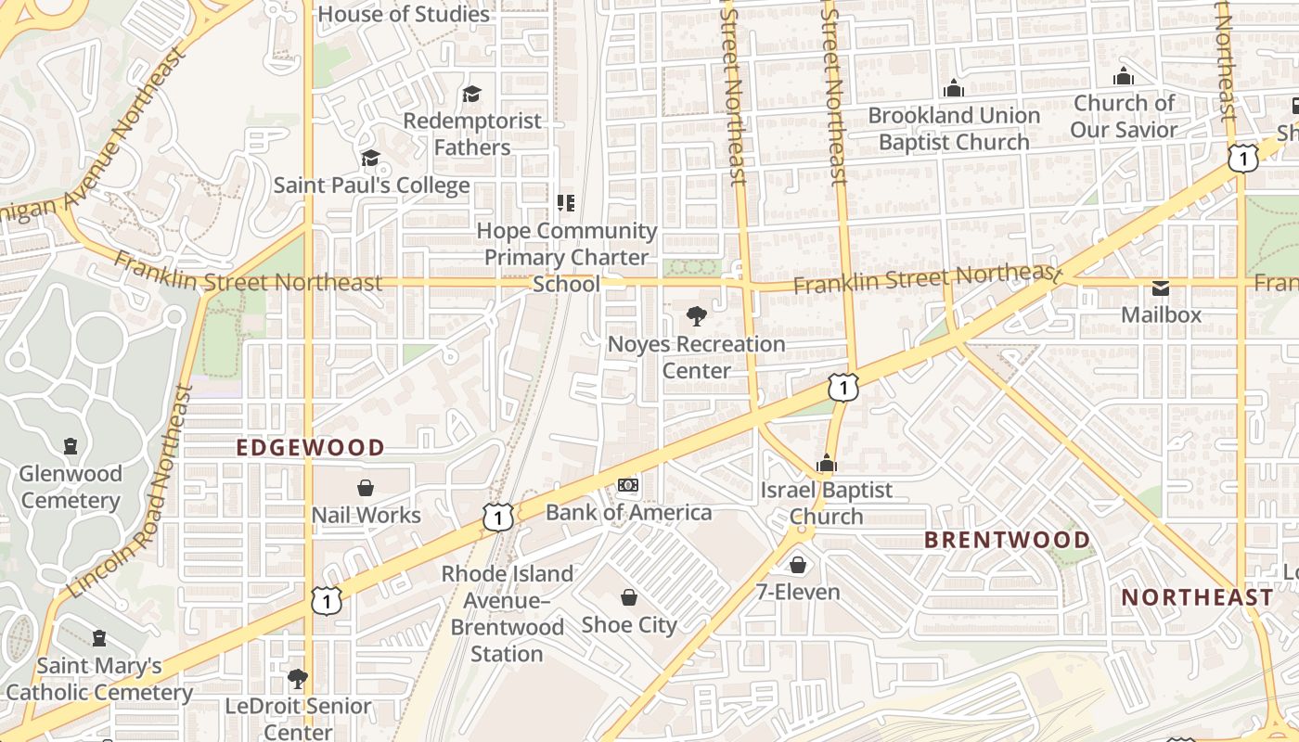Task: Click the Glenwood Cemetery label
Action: click(71, 487)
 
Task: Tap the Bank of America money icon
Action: click(628, 485)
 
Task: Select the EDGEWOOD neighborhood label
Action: click(310, 448)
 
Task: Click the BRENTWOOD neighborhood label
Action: click(1007, 540)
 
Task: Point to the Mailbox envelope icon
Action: click(1161, 288)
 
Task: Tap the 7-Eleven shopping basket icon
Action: click(798, 565)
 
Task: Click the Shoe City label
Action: click(629, 625)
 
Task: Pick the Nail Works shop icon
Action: click(366, 488)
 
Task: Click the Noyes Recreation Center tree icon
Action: click(696, 316)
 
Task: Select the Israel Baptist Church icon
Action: click(826, 463)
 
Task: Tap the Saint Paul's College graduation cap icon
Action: click(370, 159)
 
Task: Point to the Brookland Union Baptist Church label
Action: click(954, 129)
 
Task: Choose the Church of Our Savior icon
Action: click(1124, 76)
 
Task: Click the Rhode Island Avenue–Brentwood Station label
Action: click(507, 614)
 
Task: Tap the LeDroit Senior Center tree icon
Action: click(298, 679)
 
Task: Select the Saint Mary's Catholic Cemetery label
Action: click(98, 679)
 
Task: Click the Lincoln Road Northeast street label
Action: click(130, 492)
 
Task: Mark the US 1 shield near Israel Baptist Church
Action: click(842, 387)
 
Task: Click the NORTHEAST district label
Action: click(1197, 597)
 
